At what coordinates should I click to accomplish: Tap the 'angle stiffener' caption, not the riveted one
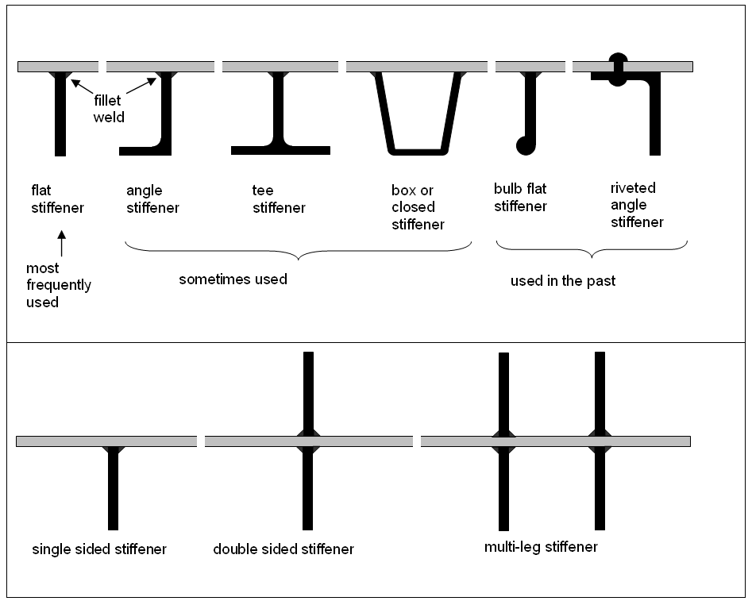[152, 199]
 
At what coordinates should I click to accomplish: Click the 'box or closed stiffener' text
[418, 207]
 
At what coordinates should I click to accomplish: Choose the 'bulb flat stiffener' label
[520, 198]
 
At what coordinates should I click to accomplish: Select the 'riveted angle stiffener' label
[636, 205]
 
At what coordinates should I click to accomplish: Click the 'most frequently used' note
[58, 285]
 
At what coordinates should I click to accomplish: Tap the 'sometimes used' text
[233, 279]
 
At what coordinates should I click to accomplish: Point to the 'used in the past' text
[563, 281]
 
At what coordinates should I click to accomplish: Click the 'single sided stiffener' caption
[99, 549]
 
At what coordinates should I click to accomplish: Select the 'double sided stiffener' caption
[283, 549]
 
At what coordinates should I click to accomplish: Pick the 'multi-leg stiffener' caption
[541, 547]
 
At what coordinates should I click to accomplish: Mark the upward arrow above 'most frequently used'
[60, 241]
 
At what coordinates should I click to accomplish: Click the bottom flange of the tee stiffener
[280, 150]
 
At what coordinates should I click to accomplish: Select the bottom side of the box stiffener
[418, 150]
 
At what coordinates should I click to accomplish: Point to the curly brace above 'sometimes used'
[299, 252]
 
